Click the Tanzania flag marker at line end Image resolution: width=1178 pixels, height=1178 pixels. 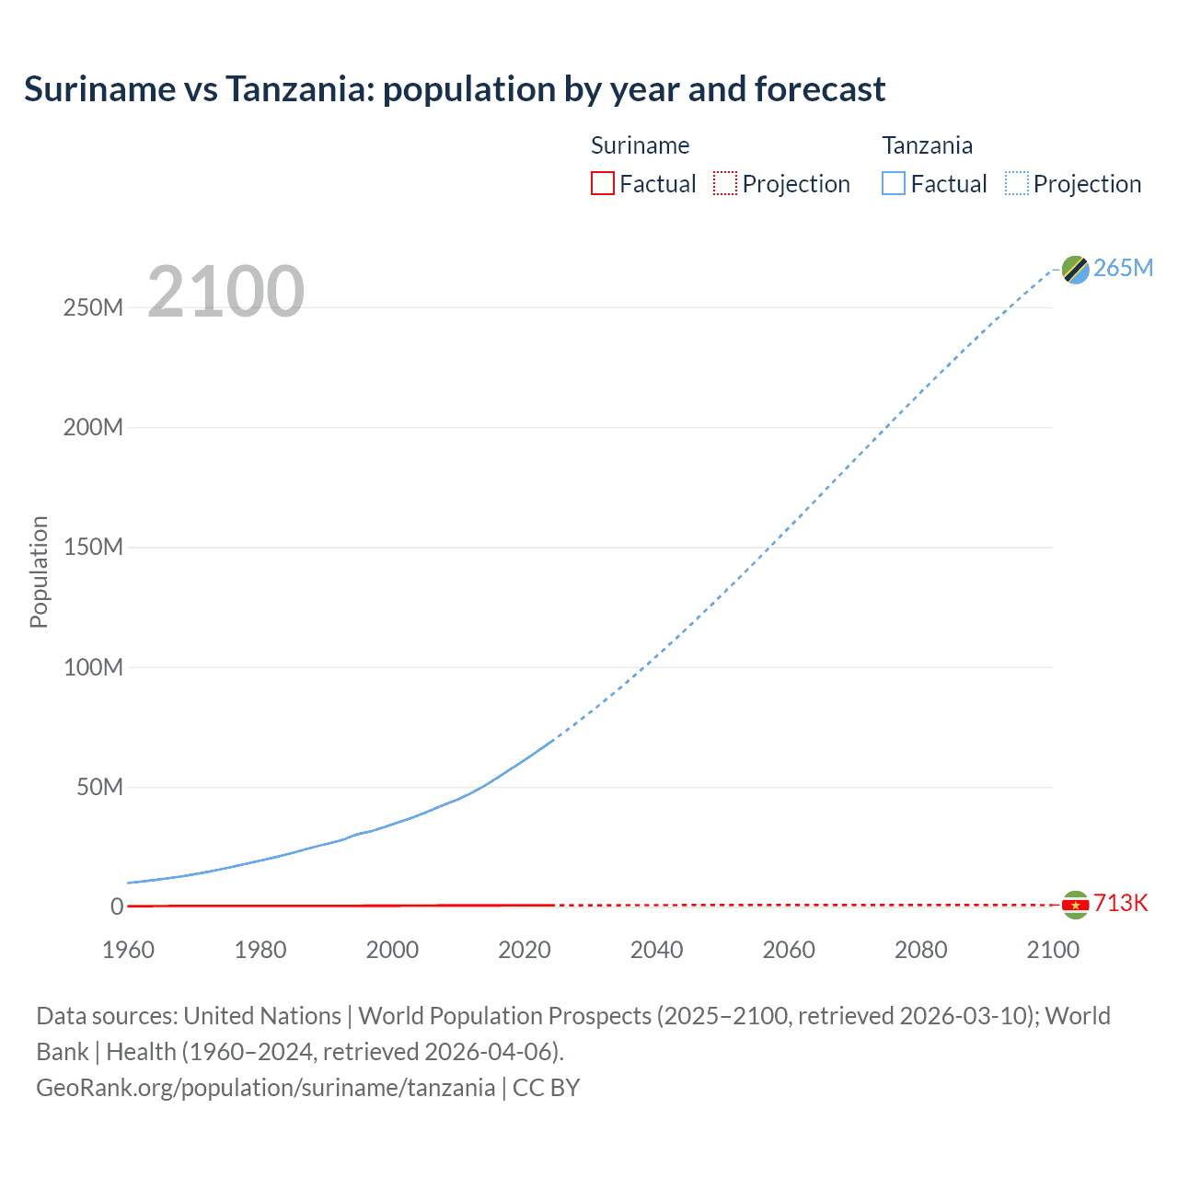pos(1075,269)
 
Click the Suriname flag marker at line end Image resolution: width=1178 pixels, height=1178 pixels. pos(1075,905)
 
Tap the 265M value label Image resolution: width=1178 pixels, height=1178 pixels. pos(1123,268)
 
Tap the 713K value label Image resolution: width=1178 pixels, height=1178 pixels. pos(1120,903)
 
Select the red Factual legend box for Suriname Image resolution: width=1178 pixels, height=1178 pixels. pos(602,184)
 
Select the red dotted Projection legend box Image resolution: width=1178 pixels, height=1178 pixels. pos(725,184)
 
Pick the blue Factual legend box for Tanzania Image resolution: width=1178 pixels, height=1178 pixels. pos(894,184)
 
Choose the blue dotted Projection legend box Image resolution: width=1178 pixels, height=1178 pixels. pos(1017,184)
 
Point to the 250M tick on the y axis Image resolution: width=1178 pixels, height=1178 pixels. pos(93,307)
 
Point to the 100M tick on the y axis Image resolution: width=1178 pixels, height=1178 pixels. pos(93,667)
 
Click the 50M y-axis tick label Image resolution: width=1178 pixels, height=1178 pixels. pos(99,787)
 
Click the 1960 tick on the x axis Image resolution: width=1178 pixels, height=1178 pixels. pos(128,950)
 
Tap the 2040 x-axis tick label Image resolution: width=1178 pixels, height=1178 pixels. pos(656,950)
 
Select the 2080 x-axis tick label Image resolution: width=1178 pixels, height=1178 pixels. pos(920,950)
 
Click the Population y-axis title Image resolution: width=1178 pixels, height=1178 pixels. pos(39,572)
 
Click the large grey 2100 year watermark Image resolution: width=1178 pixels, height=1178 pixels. pos(225,292)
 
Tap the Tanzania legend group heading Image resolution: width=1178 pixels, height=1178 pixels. pos(927,145)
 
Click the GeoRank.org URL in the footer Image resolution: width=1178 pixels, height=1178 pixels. pos(265,1088)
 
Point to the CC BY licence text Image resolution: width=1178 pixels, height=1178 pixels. pos(546,1088)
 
